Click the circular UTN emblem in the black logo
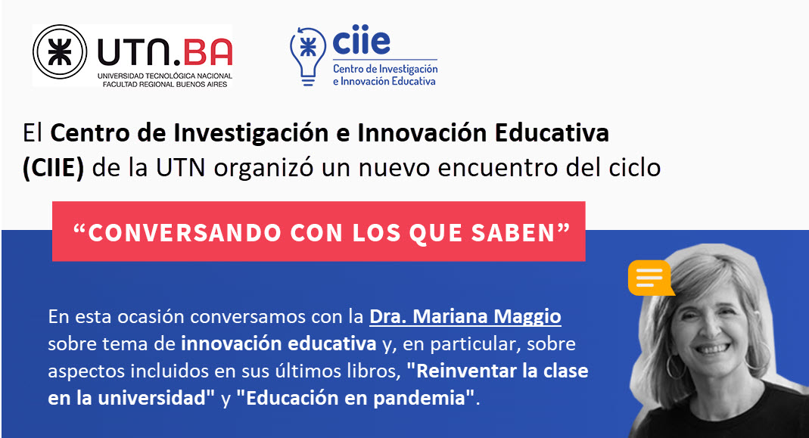(x=59, y=52)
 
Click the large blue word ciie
(x=361, y=40)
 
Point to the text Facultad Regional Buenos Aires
(x=164, y=84)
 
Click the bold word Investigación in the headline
(x=250, y=133)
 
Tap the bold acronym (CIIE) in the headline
(x=53, y=168)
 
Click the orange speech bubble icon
(x=651, y=278)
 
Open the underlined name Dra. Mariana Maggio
(x=465, y=316)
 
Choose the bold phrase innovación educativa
(x=278, y=343)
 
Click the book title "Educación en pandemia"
(x=355, y=398)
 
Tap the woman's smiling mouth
(x=713, y=349)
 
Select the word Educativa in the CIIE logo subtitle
(x=413, y=81)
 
